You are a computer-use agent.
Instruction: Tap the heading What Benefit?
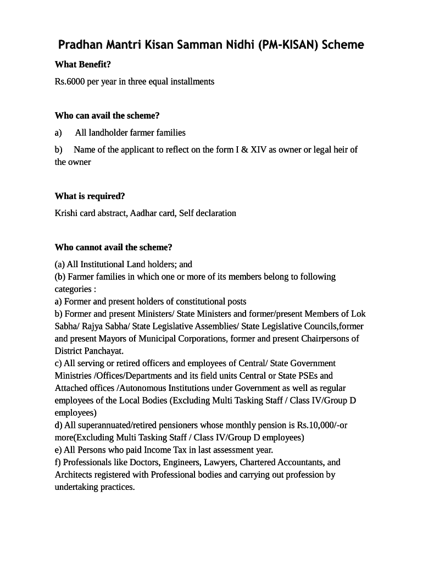click(x=82, y=64)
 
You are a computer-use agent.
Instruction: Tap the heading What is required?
click(x=90, y=196)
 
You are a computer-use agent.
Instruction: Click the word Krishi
click(x=65, y=213)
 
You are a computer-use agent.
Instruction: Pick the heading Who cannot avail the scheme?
click(x=113, y=247)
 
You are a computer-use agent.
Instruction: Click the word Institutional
click(x=102, y=264)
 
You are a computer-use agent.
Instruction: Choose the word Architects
click(x=74, y=475)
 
